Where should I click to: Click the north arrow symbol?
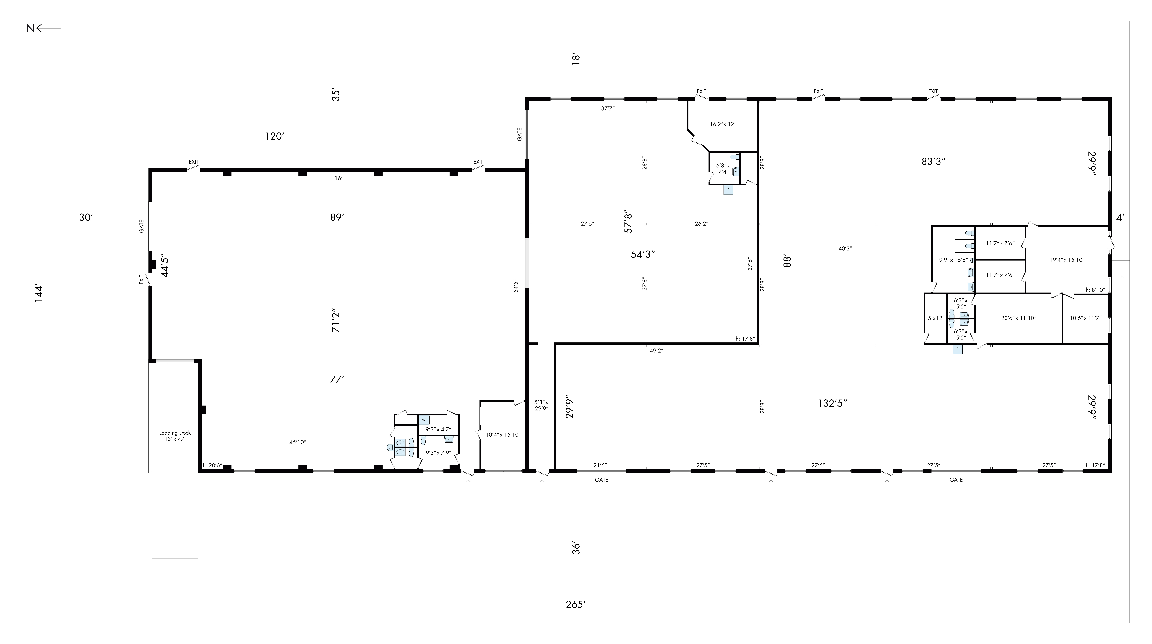pyautogui.click(x=43, y=29)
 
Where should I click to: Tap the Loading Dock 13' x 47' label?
pyautogui.click(x=175, y=436)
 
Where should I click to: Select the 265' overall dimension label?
pyautogui.click(x=576, y=605)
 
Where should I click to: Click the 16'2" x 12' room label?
pyautogui.click(x=723, y=124)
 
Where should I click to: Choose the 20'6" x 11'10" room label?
pyautogui.click(x=1019, y=318)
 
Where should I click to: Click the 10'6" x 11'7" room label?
pyautogui.click(x=1085, y=318)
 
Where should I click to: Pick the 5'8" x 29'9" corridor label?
pyautogui.click(x=542, y=405)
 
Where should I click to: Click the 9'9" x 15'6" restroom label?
pyautogui.click(x=953, y=260)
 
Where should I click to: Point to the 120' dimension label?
pyautogui.click(x=275, y=136)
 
